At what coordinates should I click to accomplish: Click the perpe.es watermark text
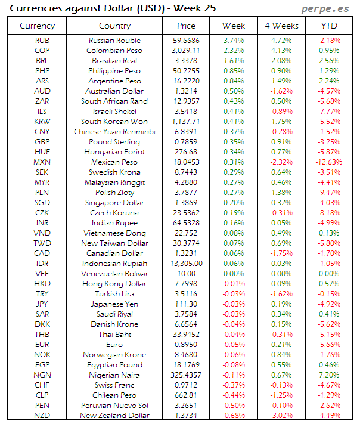click(x=325, y=8)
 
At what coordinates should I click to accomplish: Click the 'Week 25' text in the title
click(x=195, y=8)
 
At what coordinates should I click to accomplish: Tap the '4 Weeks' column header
click(x=281, y=26)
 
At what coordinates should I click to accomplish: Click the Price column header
click(x=186, y=26)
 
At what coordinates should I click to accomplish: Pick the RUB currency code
click(x=42, y=41)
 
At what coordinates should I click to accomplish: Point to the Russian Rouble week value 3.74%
click(x=234, y=41)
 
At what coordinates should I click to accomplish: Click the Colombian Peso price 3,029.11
click(x=186, y=51)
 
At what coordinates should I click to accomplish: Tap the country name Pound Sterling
click(x=114, y=142)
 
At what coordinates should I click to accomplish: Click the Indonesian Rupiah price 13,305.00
click(x=186, y=264)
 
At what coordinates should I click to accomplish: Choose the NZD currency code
click(x=42, y=416)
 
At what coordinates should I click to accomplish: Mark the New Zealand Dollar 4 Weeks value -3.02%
click(x=281, y=416)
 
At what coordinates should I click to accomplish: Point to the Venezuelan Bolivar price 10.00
click(x=186, y=274)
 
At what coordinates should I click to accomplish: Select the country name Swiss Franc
click(x=114, y=385)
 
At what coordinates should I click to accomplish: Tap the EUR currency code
click(x=42, y=345)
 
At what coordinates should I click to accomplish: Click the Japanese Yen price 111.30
click(x=186, y=304)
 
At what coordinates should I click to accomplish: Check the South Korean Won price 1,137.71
click(x=186, y=122)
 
